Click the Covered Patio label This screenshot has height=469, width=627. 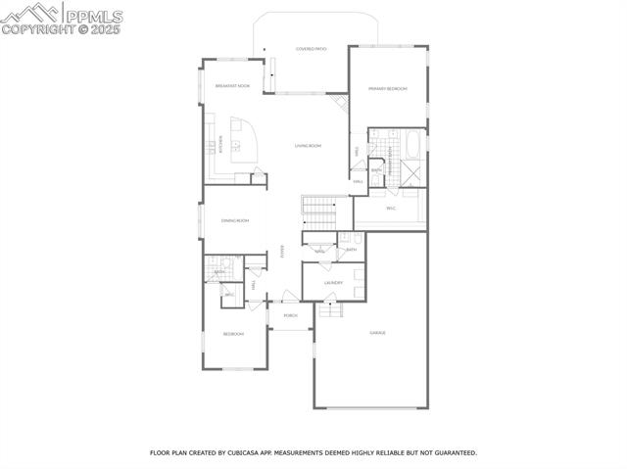coord(312,48)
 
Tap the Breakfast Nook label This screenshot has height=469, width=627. coord(232,85)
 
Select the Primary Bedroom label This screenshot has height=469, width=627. coord(387,89)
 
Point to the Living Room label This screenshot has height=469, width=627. coord(308,146)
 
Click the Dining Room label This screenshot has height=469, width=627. coord(234,221)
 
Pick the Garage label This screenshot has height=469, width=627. coord(377,333)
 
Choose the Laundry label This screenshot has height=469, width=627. coord(333,283)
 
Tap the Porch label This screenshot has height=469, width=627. coord(290,316)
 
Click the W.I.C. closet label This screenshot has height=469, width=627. coord(390,208)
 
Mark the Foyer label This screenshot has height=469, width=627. coord(283,251)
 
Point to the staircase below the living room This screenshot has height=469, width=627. coord(318,207)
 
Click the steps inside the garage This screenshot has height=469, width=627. coord(330,310)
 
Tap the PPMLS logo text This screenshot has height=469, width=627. coord(94,16)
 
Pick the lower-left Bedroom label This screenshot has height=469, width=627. coord(233,335)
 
